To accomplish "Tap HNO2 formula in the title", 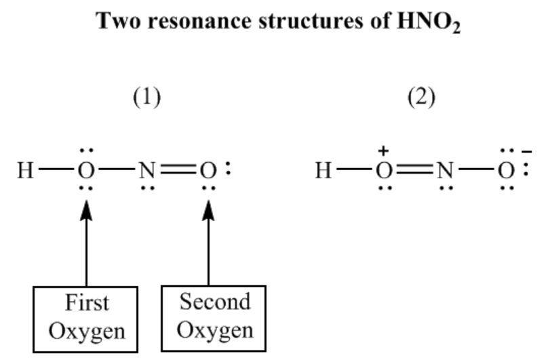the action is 429,22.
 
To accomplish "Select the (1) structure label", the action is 146,97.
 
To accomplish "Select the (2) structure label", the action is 421,97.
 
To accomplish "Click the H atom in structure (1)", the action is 25,170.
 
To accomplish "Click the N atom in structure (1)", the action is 147,170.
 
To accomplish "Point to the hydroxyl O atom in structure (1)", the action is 86,170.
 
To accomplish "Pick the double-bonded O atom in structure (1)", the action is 207,170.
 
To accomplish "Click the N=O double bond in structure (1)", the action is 178,170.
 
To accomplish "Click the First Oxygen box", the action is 85,319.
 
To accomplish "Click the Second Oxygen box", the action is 214,318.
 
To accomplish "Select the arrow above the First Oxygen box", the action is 86,243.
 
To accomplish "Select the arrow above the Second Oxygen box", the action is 208,243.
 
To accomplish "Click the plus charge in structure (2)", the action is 383,151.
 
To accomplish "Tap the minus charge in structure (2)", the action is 527,153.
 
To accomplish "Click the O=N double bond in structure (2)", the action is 414,170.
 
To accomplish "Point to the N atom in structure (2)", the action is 445,170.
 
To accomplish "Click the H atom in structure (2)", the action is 323,170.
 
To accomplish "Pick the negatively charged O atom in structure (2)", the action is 506,170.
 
